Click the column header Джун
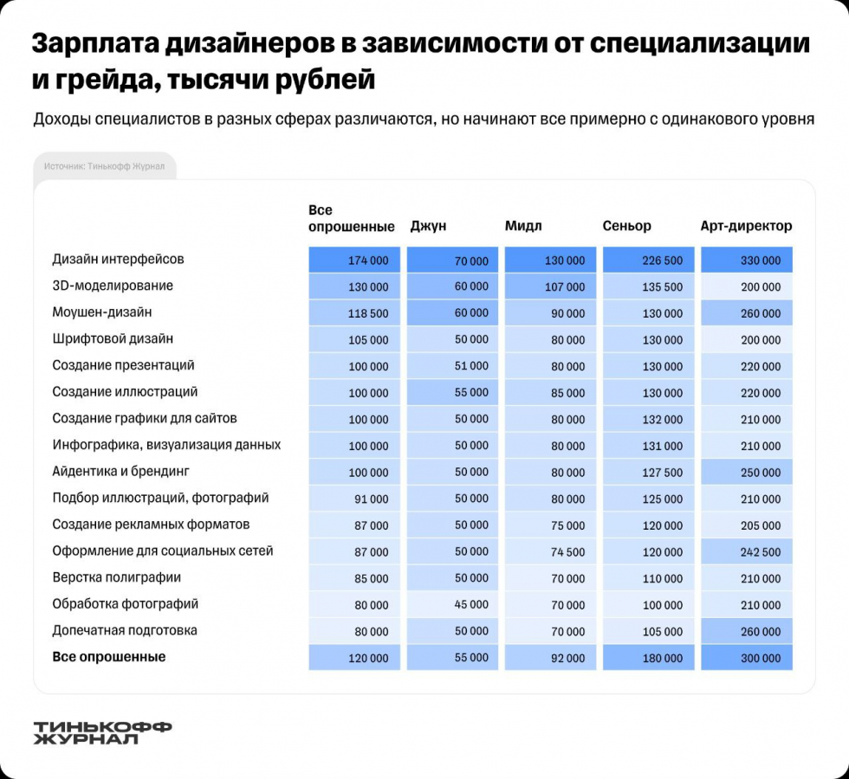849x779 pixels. [428, 226]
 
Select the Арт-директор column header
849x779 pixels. [746, 226]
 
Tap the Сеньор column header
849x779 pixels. [626, 226]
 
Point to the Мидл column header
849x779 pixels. [523, 226]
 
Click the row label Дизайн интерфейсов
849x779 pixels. [118, 259]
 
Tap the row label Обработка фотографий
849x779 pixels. [126, 603]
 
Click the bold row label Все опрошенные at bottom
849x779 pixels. [109, 657]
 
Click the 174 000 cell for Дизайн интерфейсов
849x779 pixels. [354, 261]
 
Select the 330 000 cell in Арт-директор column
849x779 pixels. [747, 261]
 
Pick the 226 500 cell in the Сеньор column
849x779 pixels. [649, 261]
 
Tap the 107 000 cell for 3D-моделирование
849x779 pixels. [550, 286]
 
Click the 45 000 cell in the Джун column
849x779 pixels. [452, 604]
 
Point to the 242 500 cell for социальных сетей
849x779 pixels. [747, 551]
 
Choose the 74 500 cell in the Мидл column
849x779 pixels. [550, 551]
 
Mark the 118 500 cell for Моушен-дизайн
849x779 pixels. [354, 313]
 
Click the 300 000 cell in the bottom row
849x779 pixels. [747, 658]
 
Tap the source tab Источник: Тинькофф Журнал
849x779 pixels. [104, 166]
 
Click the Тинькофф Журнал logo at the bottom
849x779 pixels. [102, 732]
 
